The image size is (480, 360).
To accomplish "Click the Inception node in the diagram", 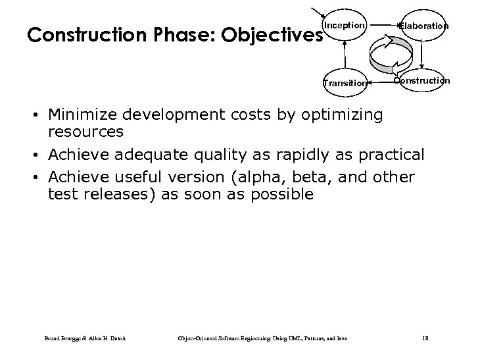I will click(x=343, y=26).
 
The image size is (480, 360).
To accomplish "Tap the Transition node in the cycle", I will click(x=344, y=83).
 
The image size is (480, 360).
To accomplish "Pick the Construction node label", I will click(x=421, y=80).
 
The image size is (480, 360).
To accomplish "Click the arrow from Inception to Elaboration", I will click(x=383, y=26).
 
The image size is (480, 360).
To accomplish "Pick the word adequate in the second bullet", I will click(x=160, y=154).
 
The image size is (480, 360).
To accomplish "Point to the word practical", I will click(x=389, y=154).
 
